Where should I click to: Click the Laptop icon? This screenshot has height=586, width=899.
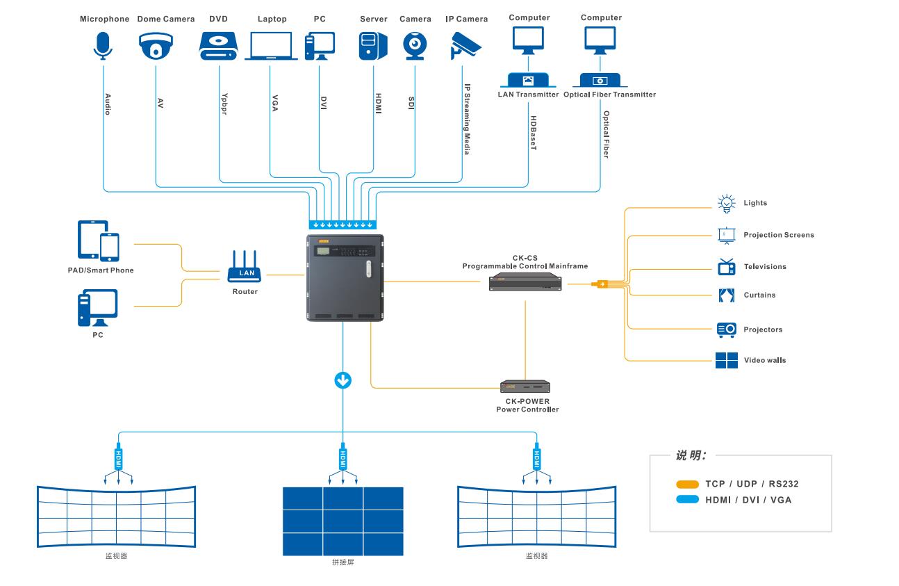271,46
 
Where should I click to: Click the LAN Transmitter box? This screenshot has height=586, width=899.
528,80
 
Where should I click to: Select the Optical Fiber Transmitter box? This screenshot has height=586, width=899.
600,80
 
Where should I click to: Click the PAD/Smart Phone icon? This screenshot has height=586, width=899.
98,241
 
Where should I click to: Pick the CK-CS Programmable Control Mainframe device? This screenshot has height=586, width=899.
525,282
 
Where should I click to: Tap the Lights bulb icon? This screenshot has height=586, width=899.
726,203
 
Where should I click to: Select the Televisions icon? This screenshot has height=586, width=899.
726,267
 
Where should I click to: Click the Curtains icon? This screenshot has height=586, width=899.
726,295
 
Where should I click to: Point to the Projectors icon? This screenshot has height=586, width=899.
726,329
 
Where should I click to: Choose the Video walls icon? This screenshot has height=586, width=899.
726,360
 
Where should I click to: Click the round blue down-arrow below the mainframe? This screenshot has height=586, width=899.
343,380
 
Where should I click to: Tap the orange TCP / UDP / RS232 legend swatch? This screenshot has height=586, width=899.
687,485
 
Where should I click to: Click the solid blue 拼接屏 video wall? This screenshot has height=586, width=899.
343,521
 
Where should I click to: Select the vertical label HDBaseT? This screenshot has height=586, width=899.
533,133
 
